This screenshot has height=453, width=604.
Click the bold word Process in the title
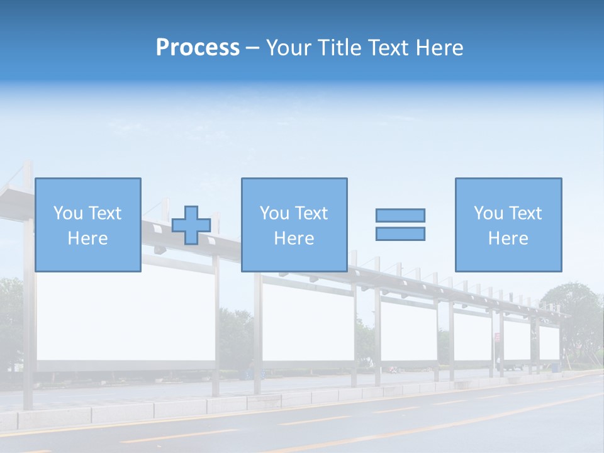pyautogui.click(x=198, y=48)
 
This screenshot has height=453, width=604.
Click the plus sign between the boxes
pyautogui.click(x=191, y=225)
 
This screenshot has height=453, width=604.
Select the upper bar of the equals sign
pyautogui.click(x=400, y=215)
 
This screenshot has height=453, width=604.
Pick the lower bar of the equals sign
pyautogui.click(x=400, y=233)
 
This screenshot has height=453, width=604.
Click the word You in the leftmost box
pyautogui.click(x=67, y=213)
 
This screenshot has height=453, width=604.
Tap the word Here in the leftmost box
pyautogui.click(x=87, y=238)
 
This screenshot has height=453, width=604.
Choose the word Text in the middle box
pyautogui.click(x=312, y=213)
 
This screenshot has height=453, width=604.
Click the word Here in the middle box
pyautogui.click(x=294, y=238)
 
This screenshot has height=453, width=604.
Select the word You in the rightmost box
pyautogui.click(x=488, y=213)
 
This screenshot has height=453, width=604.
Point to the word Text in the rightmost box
pyautogui.click(x=526, y=213)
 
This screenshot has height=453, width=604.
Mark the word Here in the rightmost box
pyautogui.click(x=508, y=238)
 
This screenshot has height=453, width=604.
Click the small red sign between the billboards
pyautogui.click(x=497, y=337)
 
